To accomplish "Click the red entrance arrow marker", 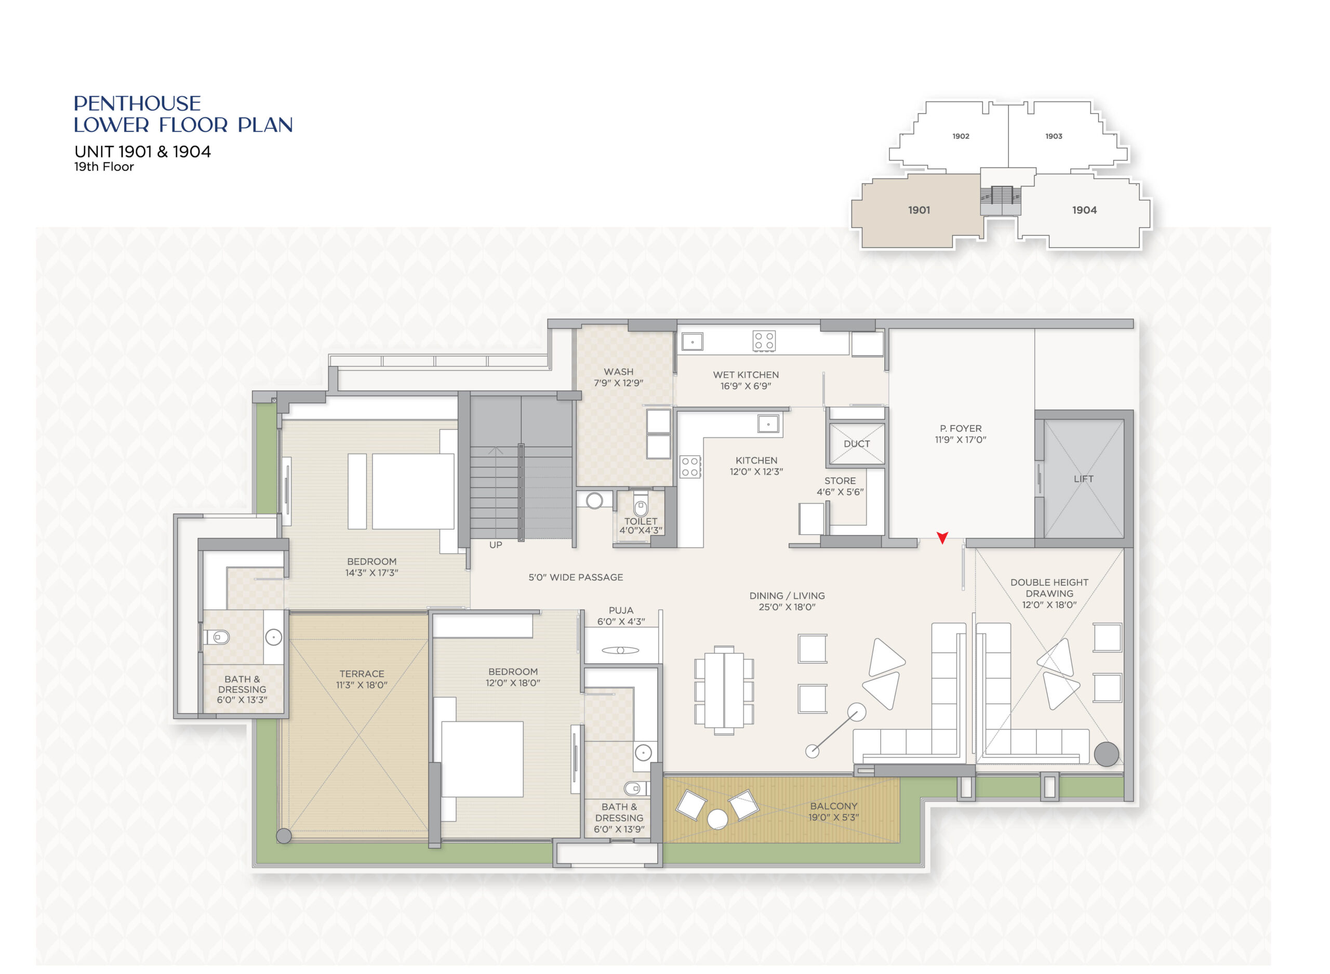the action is (942, 537).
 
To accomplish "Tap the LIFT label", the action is (1083, 479).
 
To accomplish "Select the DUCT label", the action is (857, 444).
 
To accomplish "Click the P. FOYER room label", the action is (961, 429).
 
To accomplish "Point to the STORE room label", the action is (840, 481).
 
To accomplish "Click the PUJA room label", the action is (621, 610).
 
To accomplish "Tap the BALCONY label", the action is (833, 806).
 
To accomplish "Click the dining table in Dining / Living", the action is (724, 690).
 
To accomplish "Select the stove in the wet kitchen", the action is (764, 341).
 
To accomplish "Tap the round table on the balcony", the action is (717, 820).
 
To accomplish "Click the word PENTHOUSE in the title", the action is (137, 104).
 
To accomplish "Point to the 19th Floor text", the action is (104, 167).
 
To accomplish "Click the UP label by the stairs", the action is (496, 545).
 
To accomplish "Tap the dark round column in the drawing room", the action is (1106, 754).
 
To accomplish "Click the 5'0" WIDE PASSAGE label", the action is (576, 577).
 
